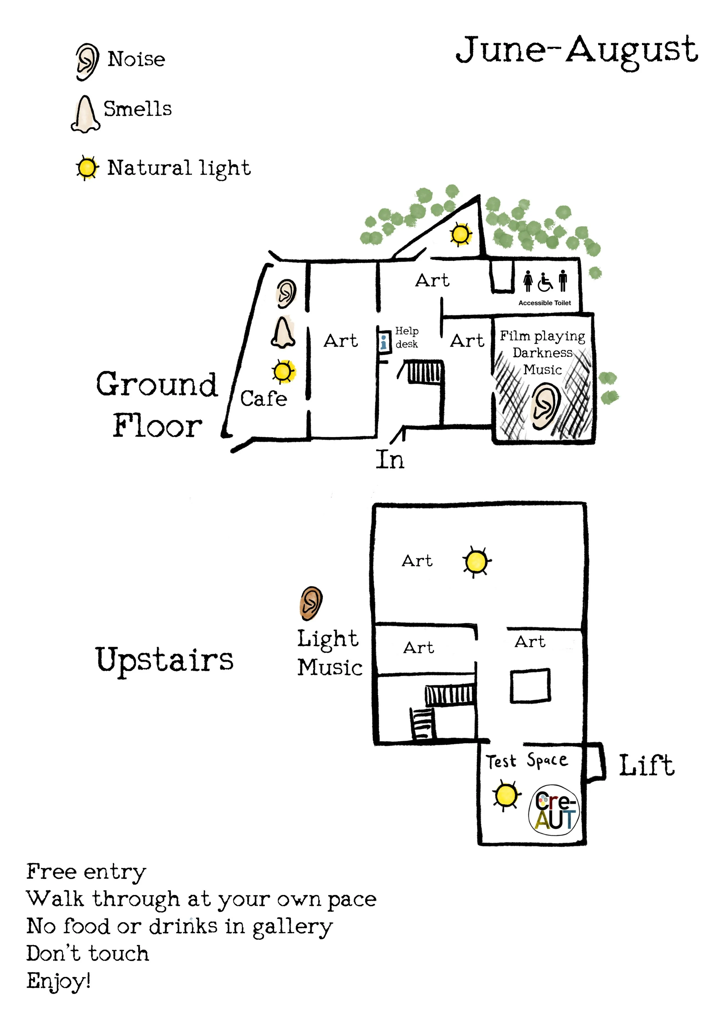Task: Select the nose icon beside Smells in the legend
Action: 85,114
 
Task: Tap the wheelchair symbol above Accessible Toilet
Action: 545,282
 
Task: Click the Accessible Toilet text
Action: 544,303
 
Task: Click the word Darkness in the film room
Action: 542,353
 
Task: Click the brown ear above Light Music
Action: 311,603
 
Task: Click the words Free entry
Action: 86,872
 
